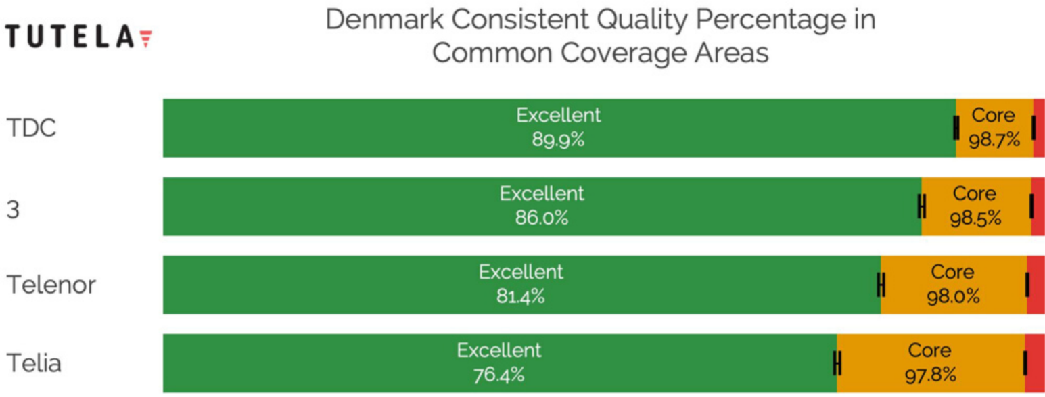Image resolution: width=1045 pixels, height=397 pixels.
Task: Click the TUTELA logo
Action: tap(79, 37)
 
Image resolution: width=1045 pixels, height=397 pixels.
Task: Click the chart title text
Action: tap(601, 35)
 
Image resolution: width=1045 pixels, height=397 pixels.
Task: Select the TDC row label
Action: tap(31, 127)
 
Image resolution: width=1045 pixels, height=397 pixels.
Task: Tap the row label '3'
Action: tap(13, 210)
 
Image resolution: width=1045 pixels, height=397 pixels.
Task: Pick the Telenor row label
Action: tap(51, 285)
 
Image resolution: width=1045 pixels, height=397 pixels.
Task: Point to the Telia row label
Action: tap(34, 363)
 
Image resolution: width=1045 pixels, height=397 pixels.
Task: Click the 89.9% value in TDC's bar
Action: tap(558, 139)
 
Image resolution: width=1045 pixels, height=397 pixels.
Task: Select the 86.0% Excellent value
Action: tap(542, 218)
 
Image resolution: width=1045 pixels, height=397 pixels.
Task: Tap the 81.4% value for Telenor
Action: tap(521, 296)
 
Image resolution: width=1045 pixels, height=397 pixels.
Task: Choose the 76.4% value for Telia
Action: tap(498, 375)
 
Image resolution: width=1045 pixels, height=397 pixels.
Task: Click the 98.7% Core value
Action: tap(994, 139)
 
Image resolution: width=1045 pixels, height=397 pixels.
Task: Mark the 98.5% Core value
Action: tap(975, 218)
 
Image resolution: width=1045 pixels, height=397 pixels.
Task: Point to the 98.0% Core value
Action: tap(953, 296)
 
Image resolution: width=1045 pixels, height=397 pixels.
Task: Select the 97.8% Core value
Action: tap(931, 375)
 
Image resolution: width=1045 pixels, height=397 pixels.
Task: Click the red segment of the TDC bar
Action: tap(1039, 128)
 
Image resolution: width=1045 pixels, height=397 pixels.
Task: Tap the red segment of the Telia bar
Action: tap(1035, 363)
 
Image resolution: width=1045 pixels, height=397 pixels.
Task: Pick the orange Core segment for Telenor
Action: tap(954, 285)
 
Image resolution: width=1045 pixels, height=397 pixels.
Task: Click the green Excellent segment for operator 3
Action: tap(542, 206)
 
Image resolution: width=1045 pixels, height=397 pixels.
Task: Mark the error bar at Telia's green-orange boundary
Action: tap(837, 363)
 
